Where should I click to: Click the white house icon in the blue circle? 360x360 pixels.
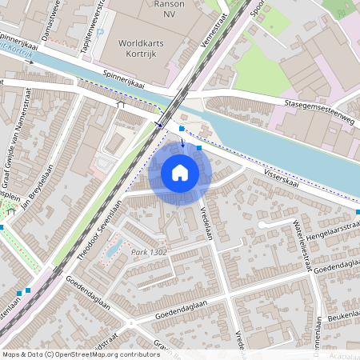(180, 172)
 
